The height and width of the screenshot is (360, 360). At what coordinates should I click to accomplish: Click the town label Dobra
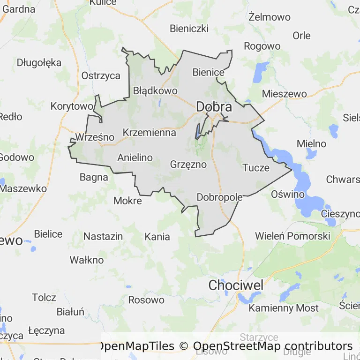(x=214, y=107)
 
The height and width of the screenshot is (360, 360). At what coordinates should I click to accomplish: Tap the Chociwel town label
(x=236, y=285)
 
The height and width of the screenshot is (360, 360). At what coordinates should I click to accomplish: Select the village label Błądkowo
(x=155, y=90)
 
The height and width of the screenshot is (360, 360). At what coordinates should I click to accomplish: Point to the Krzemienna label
(x=150, y=133)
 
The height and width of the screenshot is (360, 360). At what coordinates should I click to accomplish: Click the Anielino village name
(x=135, y=157)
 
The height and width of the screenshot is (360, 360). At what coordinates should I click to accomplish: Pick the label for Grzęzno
(x=188, y=165)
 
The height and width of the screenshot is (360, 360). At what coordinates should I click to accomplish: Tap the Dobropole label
(x=219, y=197)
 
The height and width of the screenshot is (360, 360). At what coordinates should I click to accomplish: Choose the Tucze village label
(x=256, y=167)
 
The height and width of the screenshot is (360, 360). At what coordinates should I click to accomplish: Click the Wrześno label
(x=95, y=137)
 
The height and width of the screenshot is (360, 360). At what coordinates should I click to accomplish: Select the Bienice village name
(x=209, y=72)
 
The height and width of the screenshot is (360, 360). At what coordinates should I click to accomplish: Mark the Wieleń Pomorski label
(x=292, y=235)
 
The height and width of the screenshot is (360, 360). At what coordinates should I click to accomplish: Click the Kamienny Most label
(x=284, y=308)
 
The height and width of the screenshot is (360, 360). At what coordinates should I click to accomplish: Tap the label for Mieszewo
(x=284, y=93)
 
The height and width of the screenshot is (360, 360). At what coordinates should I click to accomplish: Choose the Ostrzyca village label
(x=101, y=75)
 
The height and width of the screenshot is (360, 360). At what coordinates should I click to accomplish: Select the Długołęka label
(x=39, y=62)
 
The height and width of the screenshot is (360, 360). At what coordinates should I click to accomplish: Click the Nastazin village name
(x=103, y=236)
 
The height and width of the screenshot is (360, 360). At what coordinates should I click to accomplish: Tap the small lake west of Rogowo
(x=257, y=73)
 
